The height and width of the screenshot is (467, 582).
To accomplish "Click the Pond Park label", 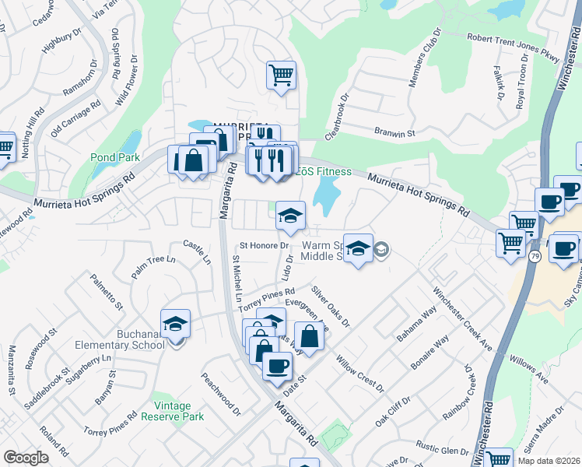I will [114, 157].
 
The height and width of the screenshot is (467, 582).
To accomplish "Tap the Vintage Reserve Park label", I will [172, 411].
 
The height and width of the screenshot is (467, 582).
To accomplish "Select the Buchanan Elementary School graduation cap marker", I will [176, 326].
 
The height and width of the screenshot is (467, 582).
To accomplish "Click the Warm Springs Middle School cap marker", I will [357, 250].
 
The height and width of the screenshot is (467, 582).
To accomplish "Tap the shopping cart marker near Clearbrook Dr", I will [282, 75].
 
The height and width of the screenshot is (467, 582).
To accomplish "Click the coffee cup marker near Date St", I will [276, 365].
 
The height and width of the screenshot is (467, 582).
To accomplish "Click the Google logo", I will [26, 458].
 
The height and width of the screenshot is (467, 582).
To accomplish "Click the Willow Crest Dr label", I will [359, 374].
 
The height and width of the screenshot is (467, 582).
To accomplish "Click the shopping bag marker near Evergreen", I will [309, 336].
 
